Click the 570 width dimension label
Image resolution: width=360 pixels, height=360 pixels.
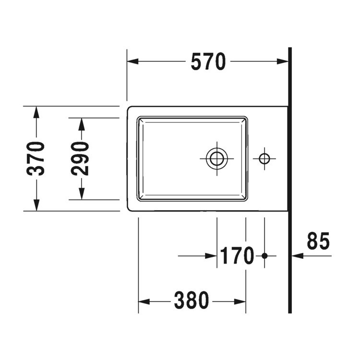pos(208,62)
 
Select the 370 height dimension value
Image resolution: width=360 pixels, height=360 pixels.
pos(36,158)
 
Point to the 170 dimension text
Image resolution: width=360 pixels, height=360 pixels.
pos(237,256)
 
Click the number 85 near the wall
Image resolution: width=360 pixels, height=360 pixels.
pos(318,241)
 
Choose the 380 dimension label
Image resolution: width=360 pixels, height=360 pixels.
pos(192,301)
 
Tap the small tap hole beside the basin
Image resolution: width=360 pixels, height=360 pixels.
pos(264,158)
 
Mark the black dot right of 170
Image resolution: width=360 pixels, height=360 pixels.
pos(264,256)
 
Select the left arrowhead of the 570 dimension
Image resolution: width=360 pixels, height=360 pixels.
pos(132,62)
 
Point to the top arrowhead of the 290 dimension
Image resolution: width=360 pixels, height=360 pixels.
pos(82,124)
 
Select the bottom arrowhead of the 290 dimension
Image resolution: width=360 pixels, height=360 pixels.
pos(82,193)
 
